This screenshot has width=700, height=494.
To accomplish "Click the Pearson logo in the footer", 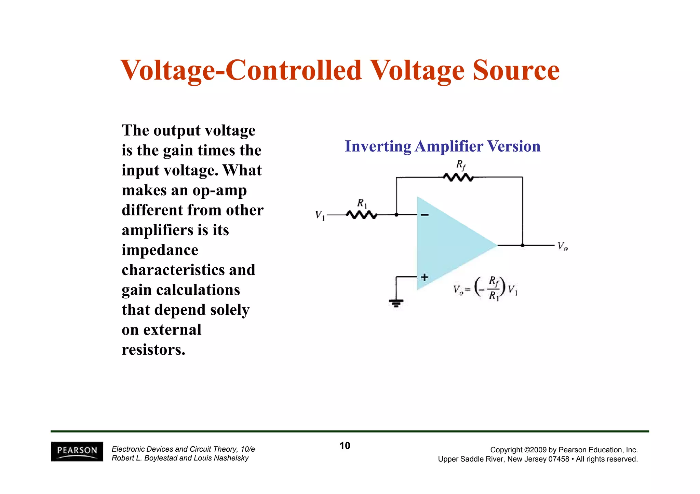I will coord(77,451).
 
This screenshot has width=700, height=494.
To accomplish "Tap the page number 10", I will coord(345,446).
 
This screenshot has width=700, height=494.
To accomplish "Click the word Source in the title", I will coord(516,70).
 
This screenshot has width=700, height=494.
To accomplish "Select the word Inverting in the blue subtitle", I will coord(378,146).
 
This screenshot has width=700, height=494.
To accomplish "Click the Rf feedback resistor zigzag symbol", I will coord(458,177).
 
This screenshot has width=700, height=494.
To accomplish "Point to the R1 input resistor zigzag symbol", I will coord(361,215).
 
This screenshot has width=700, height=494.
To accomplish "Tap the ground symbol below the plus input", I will coord(396,303).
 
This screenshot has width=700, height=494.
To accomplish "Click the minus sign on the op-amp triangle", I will coord(425,215).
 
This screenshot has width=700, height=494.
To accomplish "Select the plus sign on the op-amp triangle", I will coord(425,277).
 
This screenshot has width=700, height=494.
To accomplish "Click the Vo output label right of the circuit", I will coord(562,246).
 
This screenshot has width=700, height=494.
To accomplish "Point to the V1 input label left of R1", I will coord(320,215).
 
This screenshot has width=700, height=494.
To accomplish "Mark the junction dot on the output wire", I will coord(522,245).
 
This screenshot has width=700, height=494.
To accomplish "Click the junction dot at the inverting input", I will coord(396,215).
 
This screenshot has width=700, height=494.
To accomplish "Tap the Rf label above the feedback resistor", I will coord(461,165).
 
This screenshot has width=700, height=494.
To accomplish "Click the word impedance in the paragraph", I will coord(160,250).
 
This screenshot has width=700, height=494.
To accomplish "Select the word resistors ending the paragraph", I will coord(153,350).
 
